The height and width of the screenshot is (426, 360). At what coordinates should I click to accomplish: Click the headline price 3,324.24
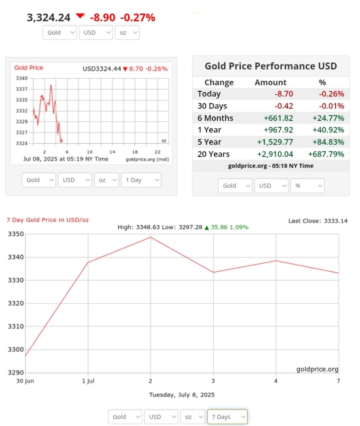point(49,17)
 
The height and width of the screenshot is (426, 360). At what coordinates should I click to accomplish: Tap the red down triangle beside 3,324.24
point(80,16)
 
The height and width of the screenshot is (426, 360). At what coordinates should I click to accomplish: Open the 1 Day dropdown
point(141,180)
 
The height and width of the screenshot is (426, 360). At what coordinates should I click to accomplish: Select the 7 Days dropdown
point(227,417)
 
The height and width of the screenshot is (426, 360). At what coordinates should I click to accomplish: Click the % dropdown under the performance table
point(307,185)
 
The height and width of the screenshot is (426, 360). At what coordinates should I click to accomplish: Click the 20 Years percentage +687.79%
point(326,154)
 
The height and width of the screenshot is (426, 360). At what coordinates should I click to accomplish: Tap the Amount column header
point(270,83)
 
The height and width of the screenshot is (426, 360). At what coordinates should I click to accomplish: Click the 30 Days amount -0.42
point(284,106)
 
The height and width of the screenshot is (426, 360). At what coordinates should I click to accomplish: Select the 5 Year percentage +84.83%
point(328,142)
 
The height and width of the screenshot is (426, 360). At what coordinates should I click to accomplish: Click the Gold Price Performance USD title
point(271,66)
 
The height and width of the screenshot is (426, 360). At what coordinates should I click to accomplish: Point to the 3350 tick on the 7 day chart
point(16,234)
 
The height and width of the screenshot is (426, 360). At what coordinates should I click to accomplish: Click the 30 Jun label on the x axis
point(25,381)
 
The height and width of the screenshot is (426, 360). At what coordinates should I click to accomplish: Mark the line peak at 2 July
point(151,237)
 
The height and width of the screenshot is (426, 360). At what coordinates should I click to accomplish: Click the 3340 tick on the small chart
point(21,78)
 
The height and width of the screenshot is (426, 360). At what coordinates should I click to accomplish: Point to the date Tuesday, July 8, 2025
point(182,395)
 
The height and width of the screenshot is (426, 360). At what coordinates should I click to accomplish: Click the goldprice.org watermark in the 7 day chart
point(317,369)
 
